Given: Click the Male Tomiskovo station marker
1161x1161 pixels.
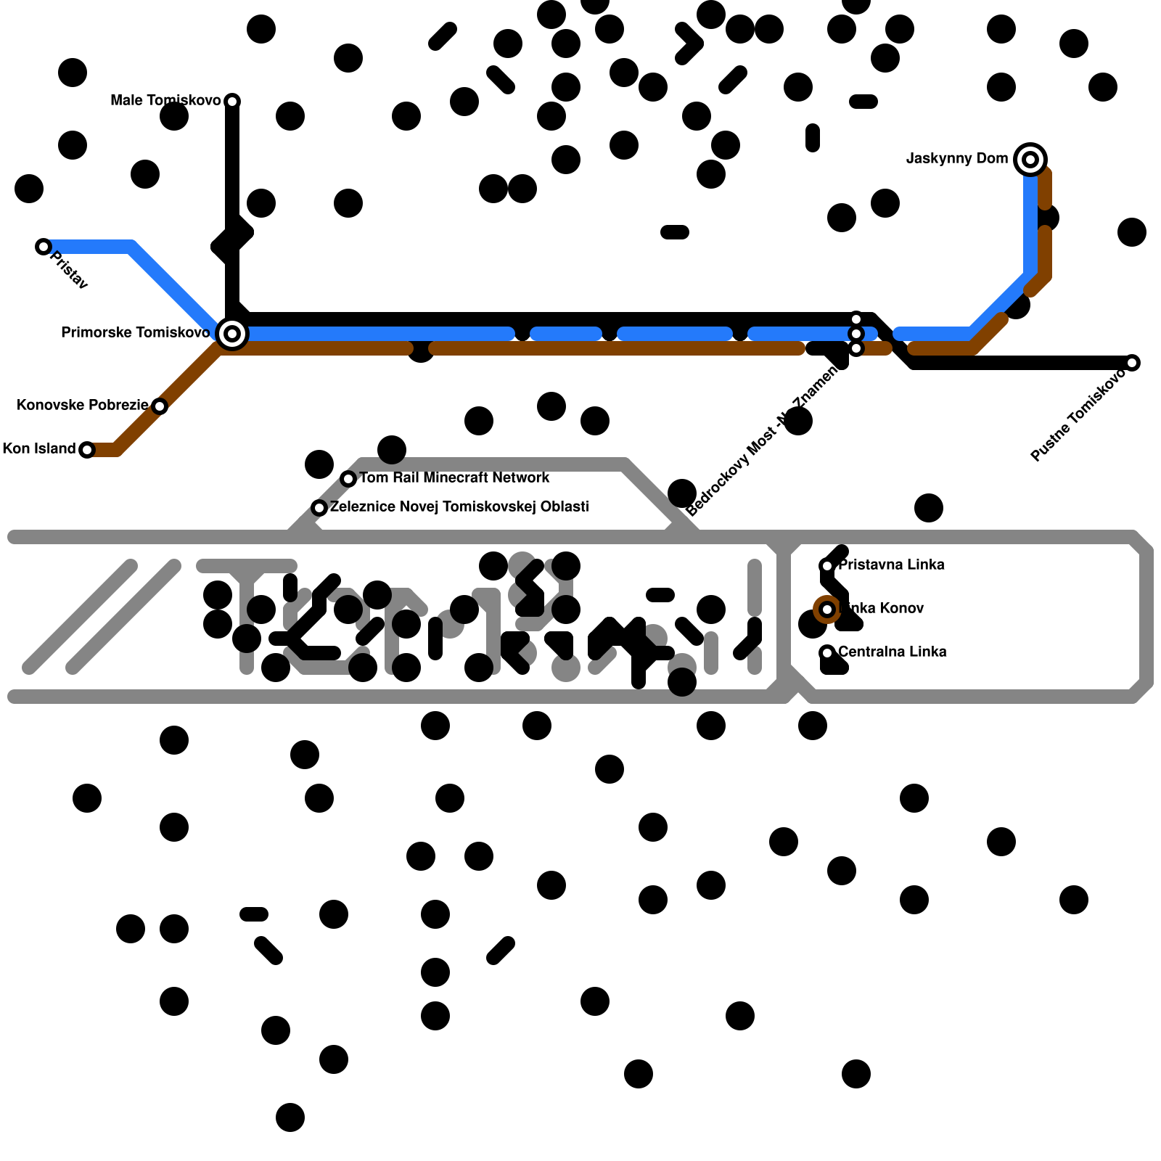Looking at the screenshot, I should (x=232, y=101).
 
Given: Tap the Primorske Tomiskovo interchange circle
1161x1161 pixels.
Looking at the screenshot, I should (x=232, y=334).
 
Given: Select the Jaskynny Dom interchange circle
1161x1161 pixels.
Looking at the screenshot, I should (x=1030, y=160).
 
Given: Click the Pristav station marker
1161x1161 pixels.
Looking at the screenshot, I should (x=44, y=247).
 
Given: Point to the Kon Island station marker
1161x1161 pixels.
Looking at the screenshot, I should (x=87, y=450).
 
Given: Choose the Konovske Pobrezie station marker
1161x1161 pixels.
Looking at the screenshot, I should (x=160, y=406).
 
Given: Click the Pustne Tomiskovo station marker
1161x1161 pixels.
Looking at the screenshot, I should (x=1132, y=363).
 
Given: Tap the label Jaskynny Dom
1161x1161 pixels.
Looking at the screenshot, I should (x=957, y=159).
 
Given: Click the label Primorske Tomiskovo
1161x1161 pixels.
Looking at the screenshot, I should (x=136, y=333).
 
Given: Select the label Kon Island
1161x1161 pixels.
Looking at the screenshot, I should (x=39, y=449).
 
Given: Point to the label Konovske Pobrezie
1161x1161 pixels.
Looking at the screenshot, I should (x=82, y=406).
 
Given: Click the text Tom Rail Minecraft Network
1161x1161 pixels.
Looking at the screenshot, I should (x=454, y=478).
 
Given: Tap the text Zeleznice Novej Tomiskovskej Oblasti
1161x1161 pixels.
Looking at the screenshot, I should (x=459, y=507).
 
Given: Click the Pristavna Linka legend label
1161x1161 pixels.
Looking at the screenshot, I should (x=892, y=565).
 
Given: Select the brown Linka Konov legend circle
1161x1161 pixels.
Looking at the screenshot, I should (x=827, y=610).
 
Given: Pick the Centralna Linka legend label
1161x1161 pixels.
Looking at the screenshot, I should (x=893, y=652).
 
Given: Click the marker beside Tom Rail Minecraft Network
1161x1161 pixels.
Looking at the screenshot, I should (x=348, y=479).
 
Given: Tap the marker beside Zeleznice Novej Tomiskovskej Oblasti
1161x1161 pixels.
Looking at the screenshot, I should (x=319, y=508).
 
